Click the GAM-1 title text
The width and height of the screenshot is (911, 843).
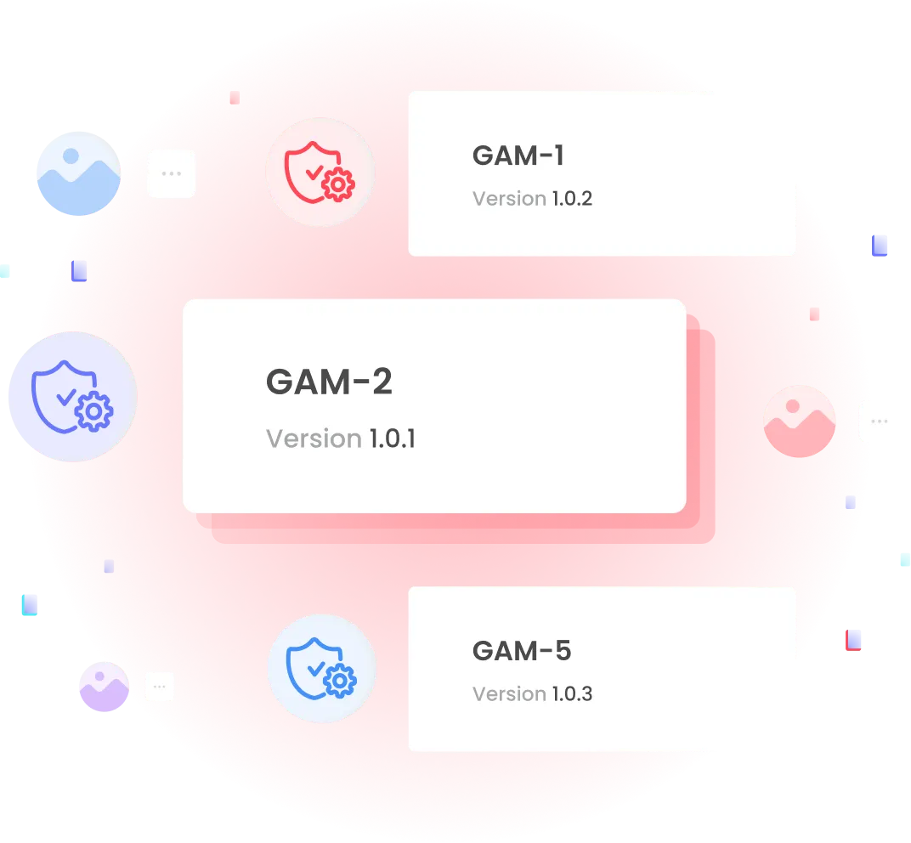(x=518, y=156)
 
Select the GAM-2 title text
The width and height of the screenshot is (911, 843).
(x=330, y=382)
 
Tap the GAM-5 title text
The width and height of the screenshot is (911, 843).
(x=522, y=651)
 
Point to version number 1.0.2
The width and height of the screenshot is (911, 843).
(x=572, y=199)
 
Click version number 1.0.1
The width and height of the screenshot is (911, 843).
(x=392, y=438)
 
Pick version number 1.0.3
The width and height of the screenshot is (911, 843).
(x=572, y=694)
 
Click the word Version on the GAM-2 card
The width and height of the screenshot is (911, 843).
(x=314, y=438)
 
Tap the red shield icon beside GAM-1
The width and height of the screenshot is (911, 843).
(x=320, y=173)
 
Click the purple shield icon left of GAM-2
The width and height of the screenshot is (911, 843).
(x=72, y=397)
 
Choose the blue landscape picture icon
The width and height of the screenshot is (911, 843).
(x=77, y=173)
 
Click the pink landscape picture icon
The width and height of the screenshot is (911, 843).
(x=800, y=421)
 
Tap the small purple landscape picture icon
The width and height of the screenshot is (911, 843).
(x=102, y=687)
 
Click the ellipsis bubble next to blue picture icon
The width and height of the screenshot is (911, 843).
(x=172, y=173)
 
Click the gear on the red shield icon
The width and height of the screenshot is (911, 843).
(x=339, y=183)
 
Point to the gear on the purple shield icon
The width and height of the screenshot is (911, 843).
(x=93, y=412)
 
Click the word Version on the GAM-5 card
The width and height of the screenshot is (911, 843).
(x=509, y=694)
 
